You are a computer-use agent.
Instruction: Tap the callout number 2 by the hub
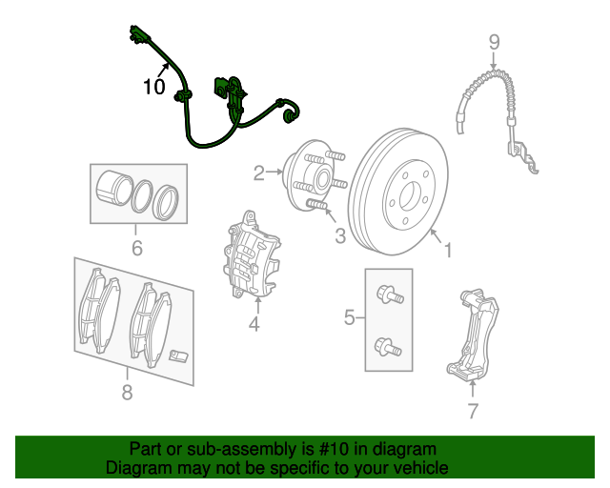(x=258, y=173)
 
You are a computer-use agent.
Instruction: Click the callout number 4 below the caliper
(x=254, y=326)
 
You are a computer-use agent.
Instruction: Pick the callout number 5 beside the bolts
(x=350, y=317)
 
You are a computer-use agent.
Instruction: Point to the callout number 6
(x=136, y=250)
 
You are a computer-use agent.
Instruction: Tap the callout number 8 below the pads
(x=127, y=391)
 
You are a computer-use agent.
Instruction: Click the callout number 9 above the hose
(x=494, y=41)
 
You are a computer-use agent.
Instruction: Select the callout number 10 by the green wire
(x=153, y=87)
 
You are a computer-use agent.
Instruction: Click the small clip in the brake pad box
(x=177, y=357)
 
